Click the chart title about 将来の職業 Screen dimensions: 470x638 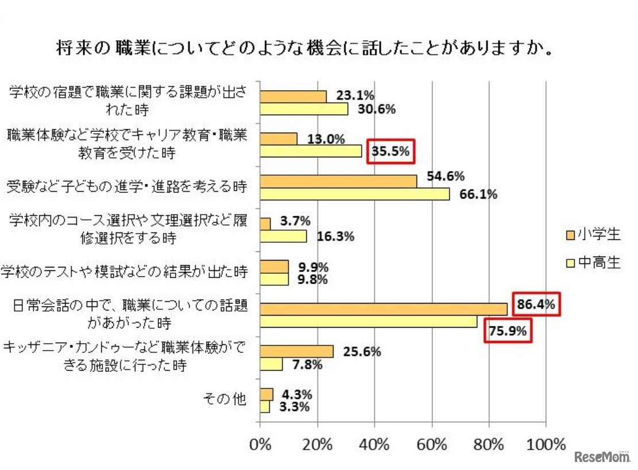pos(304,48)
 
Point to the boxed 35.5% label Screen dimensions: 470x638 pos(390,152)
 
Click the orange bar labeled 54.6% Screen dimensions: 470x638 pos(338,181)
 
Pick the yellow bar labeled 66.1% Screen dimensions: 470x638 pos(354,195)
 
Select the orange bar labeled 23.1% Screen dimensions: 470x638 pos(293,96)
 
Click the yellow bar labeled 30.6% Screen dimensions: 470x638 pos(304,109)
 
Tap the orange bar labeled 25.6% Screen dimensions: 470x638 pos(296,351)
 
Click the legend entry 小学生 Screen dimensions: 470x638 pos(592,234)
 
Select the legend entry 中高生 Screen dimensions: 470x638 pos(592,262)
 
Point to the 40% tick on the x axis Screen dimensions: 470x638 pos(374,445)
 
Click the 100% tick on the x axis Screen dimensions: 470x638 pos(545,445)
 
